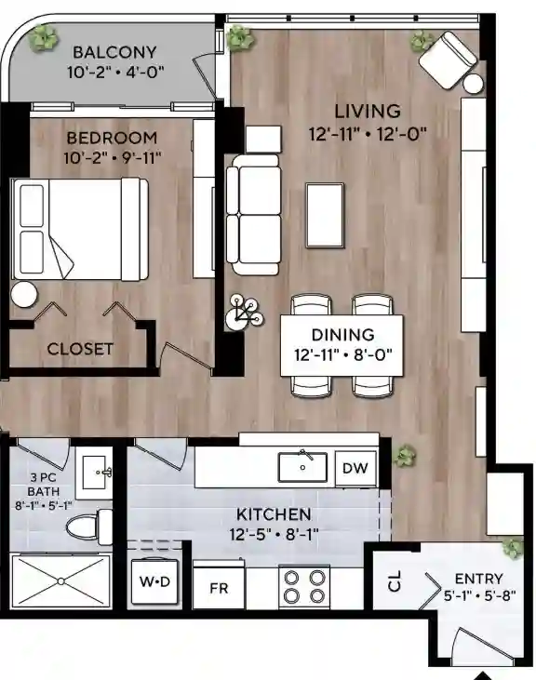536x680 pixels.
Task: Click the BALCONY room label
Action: tap(114, 52)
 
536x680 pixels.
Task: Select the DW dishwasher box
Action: tap(355, 468)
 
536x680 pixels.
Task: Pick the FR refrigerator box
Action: tap(218, 587)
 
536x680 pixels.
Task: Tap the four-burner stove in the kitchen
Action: tap(305, 586)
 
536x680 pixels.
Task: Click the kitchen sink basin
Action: tap(303, 467)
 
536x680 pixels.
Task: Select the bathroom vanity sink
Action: tap(95, 472)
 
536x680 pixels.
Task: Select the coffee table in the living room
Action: tap(327, 214)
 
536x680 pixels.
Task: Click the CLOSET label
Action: tap(80, 350)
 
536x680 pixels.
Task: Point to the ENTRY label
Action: tap(479, 578)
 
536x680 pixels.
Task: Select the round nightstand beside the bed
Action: tap(25, 294)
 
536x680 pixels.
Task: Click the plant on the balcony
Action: tap(43, 36)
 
